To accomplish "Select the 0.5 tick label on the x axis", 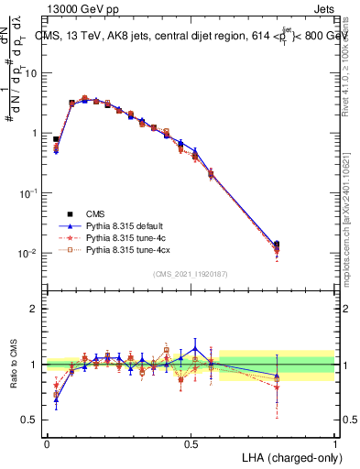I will [x=191, y=442].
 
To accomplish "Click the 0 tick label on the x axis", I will [x=47, y=442].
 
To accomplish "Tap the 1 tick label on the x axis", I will [x=335, y=442].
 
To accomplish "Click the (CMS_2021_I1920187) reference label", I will [x=191, y=273].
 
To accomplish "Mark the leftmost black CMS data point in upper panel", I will [x=56, y=139].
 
